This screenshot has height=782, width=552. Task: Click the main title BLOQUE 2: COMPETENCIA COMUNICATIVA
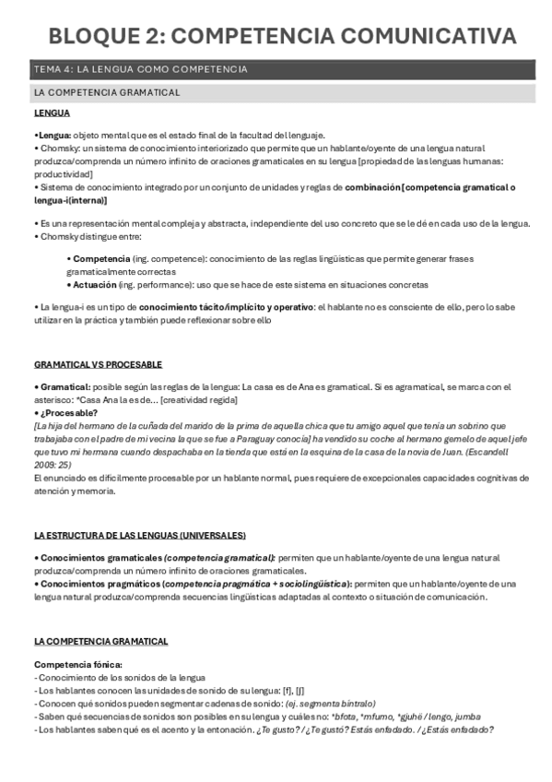coord(276,36)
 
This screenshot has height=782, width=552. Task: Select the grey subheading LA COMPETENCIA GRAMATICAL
coord(107,93)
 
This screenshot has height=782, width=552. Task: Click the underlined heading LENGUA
coord(52,113)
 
